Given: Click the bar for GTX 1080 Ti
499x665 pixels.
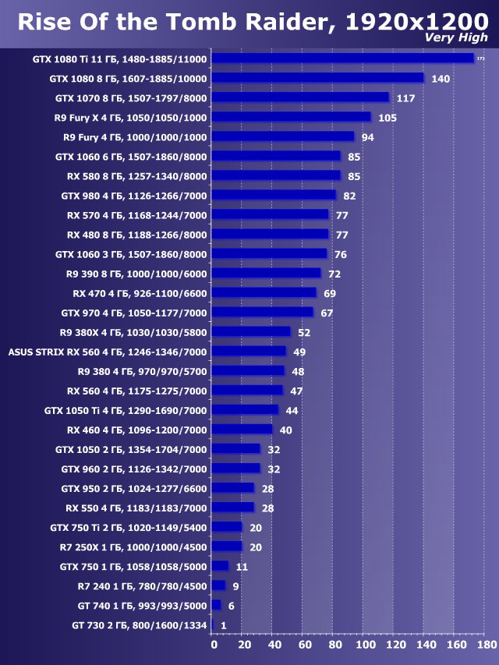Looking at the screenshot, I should point(342,58).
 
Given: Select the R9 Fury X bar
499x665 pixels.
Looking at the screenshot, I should point(291,117).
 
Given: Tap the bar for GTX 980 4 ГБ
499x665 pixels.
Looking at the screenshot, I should point(274,195).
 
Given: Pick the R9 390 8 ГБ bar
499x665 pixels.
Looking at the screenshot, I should point(266,273).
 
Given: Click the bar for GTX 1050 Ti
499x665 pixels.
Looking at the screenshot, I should point(245,409).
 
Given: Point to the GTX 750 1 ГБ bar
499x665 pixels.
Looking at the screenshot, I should point(220,565).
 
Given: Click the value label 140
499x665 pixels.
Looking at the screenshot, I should point(441,79).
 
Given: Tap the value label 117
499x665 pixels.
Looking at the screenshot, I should point(405,98).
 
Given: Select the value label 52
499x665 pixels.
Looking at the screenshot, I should point(304,332).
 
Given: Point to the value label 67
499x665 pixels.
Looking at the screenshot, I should point(327,313).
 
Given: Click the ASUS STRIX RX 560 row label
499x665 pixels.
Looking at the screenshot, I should point(108,352).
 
